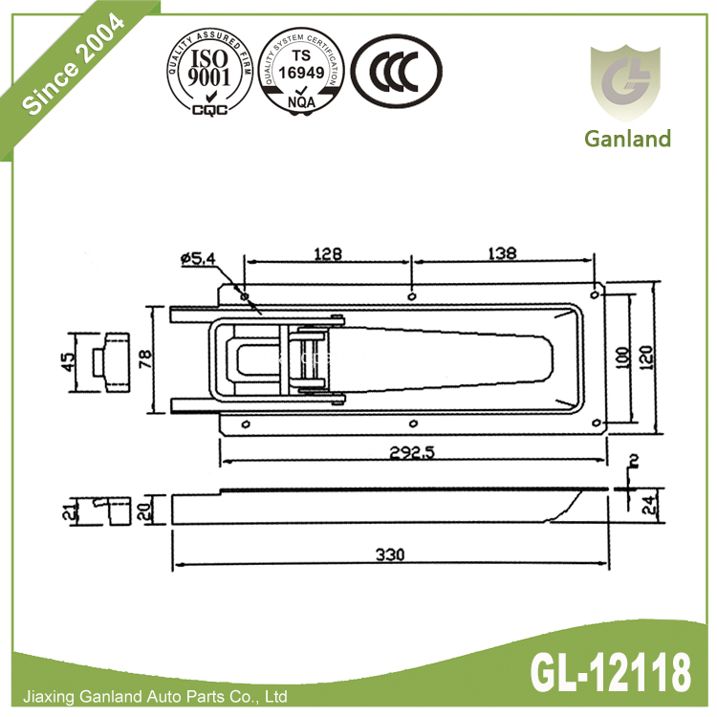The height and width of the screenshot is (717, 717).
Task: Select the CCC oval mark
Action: (396, 74)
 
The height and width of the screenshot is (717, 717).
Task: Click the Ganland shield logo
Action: (626, 82)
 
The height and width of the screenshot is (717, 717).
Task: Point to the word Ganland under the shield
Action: (627, 139)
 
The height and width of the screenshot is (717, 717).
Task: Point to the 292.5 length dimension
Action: (412, 453)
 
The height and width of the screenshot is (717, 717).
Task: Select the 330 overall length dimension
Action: (389, 554)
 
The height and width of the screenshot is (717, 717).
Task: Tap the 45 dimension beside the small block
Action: (68, 361)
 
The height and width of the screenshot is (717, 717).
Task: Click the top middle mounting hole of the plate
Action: (411, 296)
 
